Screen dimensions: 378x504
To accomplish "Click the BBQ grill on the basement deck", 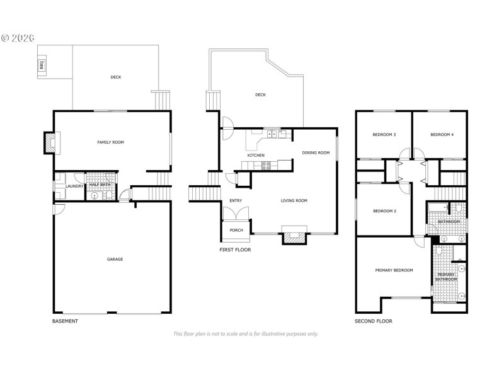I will pos(43,64).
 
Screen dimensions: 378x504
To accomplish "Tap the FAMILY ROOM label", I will pos(110,142).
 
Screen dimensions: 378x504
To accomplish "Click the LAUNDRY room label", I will pos(76,186).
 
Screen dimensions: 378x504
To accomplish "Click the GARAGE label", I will pos(114,259).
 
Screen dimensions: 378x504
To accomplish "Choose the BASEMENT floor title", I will pos(65,321).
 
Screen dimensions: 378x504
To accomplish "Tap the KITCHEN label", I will pos(255,155).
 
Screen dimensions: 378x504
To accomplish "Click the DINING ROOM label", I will pos(316,152).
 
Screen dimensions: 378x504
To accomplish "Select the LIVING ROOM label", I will pos(294,200).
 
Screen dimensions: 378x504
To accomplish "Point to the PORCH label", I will pos(236,230).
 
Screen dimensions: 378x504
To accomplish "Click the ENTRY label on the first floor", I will pos(236,201).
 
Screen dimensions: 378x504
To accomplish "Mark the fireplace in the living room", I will pos(294,237).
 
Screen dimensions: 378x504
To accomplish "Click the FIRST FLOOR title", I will pos(235,249).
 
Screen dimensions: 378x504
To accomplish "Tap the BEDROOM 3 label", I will pos(384,135).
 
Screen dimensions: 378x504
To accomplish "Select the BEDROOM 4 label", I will pos(442,135).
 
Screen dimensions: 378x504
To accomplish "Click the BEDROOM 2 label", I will pos(384,210).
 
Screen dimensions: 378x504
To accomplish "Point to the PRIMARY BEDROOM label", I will pos(394,270).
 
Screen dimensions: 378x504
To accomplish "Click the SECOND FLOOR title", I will pos(374,321).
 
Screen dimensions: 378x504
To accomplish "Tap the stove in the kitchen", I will pos(266,166).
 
